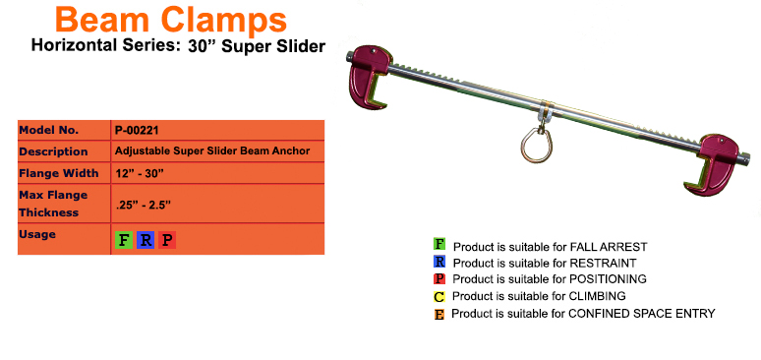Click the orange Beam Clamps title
170,19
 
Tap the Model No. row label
50,129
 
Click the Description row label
53,150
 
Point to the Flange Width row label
58,173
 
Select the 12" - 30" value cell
139,173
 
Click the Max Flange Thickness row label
54,204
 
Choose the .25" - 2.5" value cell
143,205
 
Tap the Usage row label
37,234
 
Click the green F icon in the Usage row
124,239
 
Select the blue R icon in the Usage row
146,239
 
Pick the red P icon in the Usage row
167,239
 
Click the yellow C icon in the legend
439,296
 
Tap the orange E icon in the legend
439,314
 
